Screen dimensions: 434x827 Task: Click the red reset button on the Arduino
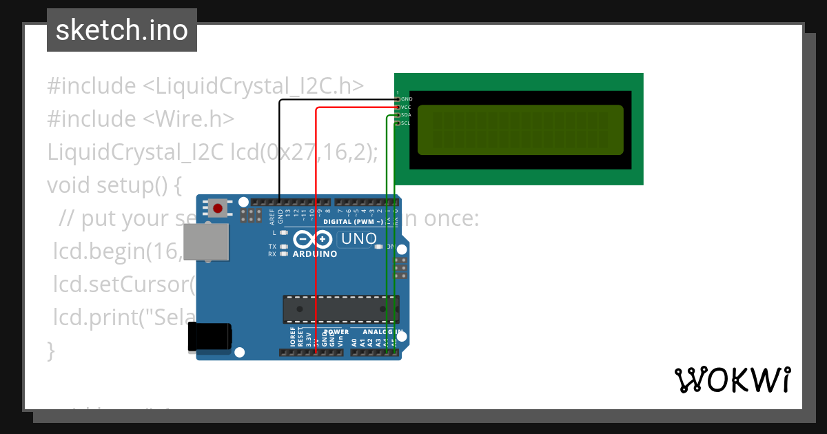[x=218, y=207]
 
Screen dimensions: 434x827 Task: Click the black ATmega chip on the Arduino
[x=340, y=309]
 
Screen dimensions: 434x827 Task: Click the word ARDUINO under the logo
[x=315, y=254]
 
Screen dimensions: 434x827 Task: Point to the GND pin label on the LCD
[x=407, y=99]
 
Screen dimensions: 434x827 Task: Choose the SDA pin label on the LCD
[x=406, y=115]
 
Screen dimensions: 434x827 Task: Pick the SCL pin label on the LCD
[x=406, y=123]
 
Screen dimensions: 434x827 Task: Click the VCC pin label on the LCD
[x=406, y=107]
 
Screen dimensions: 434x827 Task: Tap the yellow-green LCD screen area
[x=520, y=130]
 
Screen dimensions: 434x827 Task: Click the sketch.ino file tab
[x=122, y=30]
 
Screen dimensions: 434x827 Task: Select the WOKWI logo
[x=733, y=380]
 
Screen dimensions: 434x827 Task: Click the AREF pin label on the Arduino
[x=272, y=217]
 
